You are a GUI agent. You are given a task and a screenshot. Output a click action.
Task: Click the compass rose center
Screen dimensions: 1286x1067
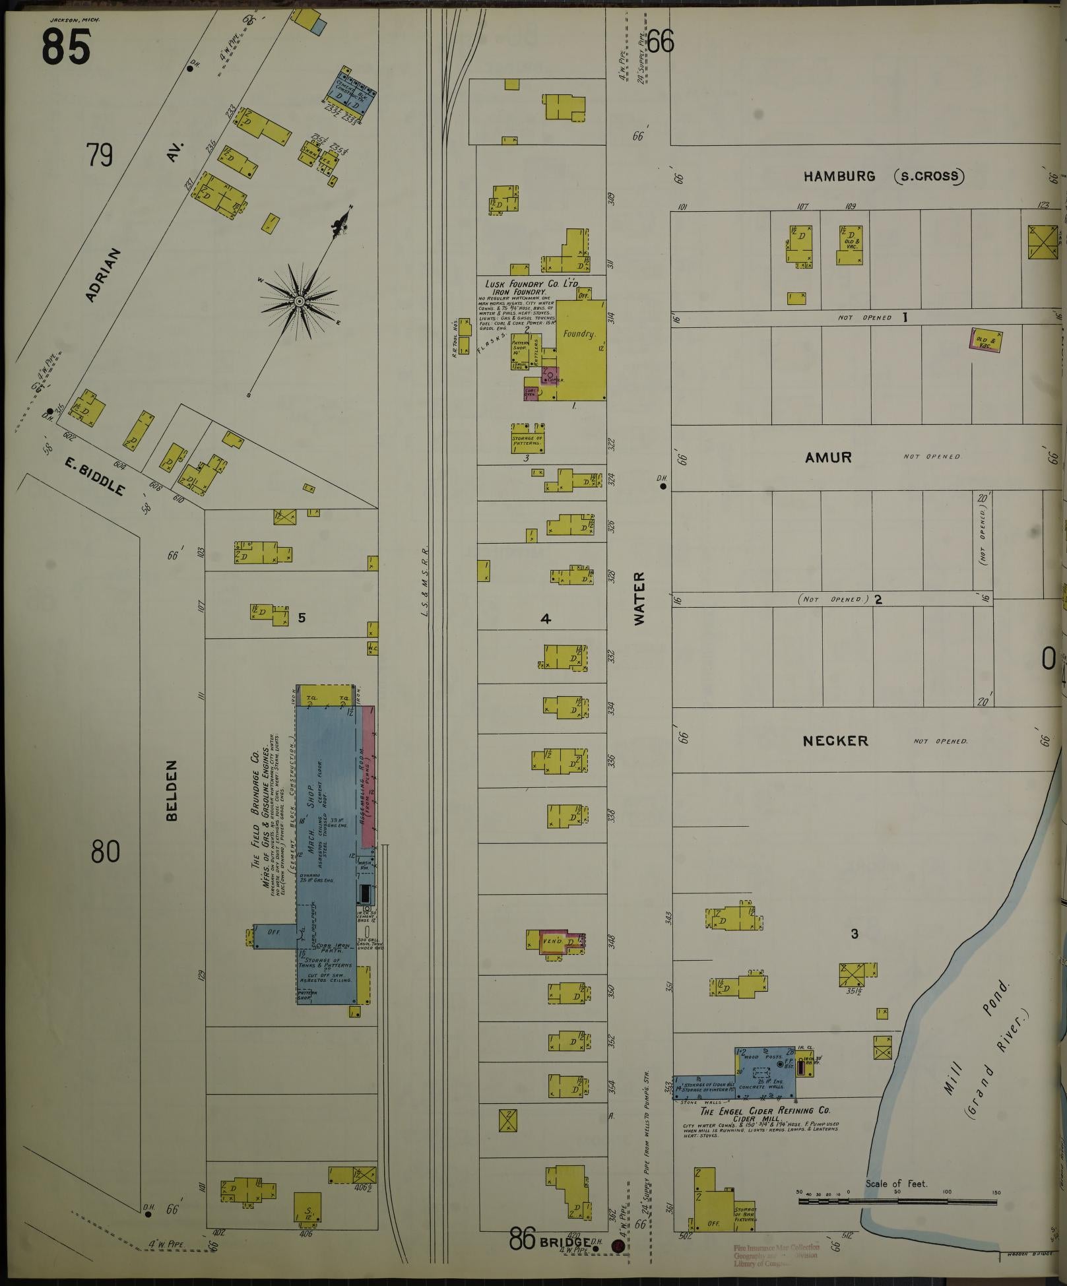[299, 301]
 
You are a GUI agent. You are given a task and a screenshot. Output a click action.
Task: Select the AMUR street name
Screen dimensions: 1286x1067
[828, 457]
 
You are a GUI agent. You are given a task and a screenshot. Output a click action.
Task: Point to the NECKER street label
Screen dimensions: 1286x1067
[835, 741]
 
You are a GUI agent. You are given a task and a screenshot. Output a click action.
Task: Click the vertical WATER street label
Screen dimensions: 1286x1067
[640, 599]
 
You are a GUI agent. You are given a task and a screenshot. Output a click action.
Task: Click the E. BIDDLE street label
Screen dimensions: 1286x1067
[94, 476]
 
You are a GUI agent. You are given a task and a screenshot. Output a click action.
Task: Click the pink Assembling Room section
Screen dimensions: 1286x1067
[368, 779]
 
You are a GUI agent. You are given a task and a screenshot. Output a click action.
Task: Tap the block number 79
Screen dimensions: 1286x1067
[100, 156]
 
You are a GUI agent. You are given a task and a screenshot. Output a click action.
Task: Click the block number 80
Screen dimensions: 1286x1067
[106, 852]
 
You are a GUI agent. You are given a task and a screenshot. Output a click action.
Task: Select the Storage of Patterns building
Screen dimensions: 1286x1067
[527, 441]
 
